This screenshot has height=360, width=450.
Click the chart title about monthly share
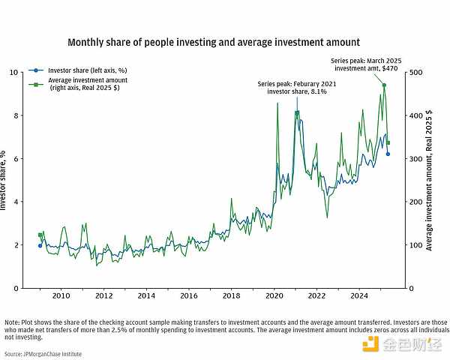tap(214, 43)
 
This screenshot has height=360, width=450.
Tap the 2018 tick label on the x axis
tap(232, 296)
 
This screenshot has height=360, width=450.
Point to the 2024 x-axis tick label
tap(359, 296)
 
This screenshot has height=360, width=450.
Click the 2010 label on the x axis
tap(61, 296)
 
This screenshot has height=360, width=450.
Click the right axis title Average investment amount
tap(430, 180)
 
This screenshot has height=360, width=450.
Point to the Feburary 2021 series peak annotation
tap(297, 88)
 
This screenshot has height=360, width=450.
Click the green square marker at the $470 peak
tap(384, 85)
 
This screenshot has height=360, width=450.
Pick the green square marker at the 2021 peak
tap(297, 113)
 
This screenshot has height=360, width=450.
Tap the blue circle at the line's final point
tap(388, 154)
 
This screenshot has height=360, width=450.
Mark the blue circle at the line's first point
tap(40, 245)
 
